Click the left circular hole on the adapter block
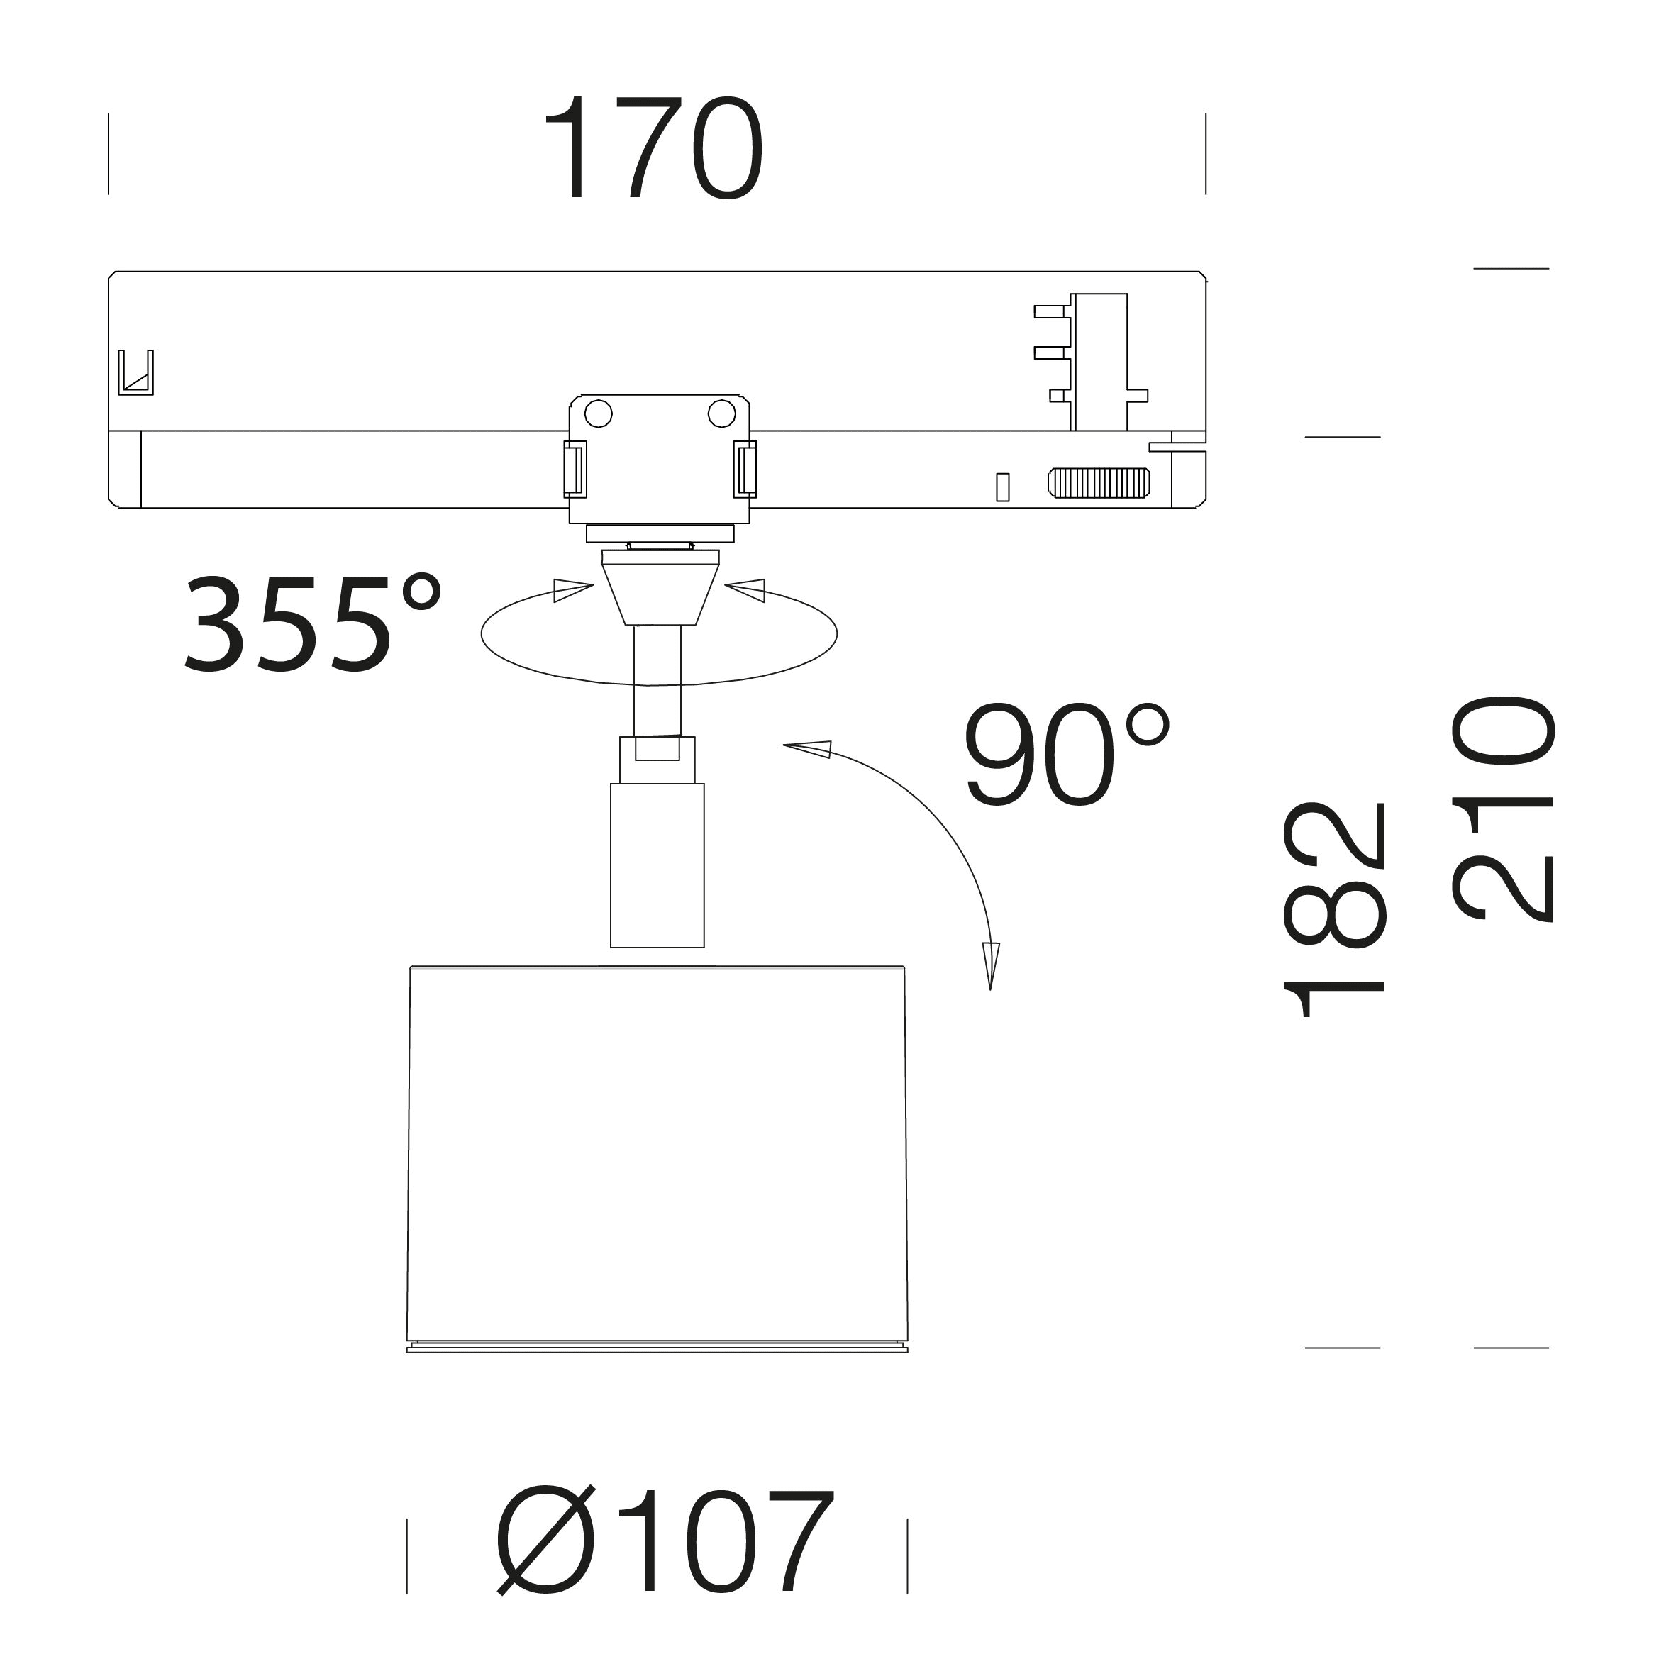coord(599,414)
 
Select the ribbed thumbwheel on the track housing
coord(1098,482)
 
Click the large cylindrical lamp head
coord(657,1158)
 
